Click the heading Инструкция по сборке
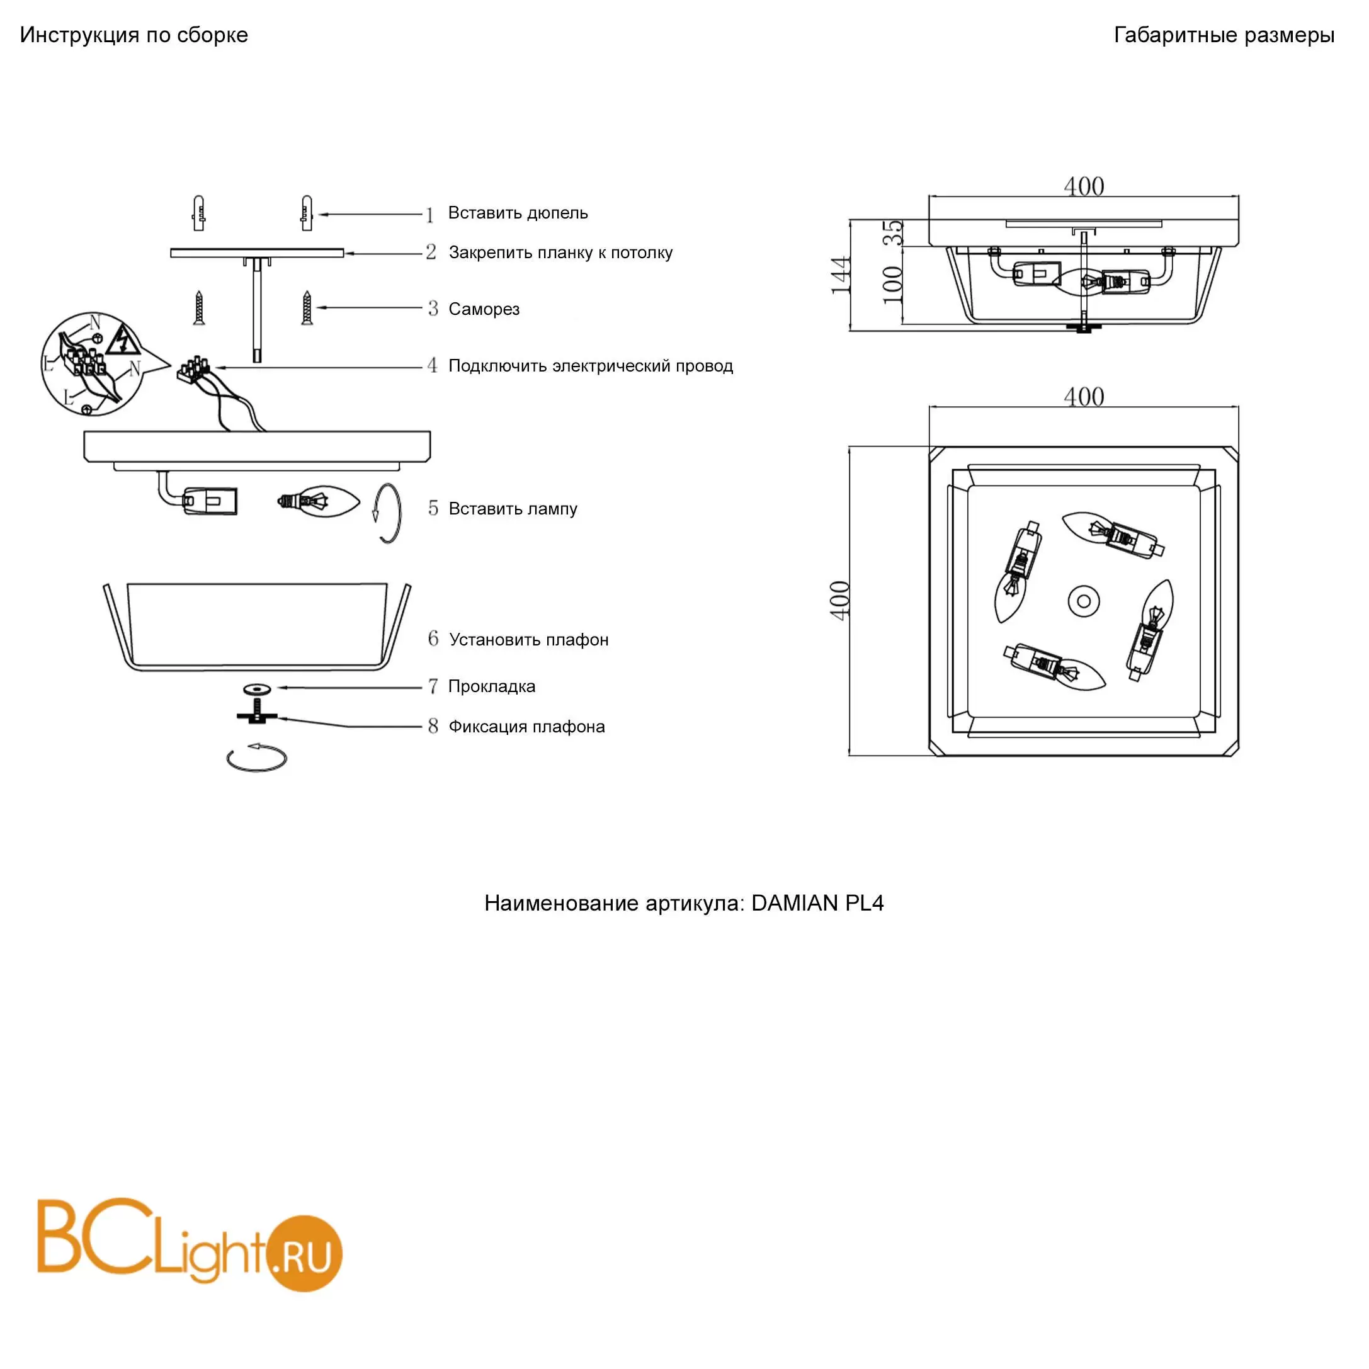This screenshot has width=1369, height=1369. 134,35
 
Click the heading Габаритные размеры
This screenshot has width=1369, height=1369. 1224,35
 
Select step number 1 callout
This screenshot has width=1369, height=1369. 429,215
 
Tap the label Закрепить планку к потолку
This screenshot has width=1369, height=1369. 560,253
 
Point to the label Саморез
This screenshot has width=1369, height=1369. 484,309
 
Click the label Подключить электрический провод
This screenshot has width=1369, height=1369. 591,366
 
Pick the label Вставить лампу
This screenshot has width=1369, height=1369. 513,509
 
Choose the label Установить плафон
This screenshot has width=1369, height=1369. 528,640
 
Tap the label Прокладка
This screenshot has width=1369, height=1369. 492,686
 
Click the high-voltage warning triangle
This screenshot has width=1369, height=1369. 123,340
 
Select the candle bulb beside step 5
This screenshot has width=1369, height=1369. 318,502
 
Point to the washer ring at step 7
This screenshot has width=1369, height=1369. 256,689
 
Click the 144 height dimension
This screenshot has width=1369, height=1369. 841,275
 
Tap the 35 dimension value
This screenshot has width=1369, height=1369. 894,233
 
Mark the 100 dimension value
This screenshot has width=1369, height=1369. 893,284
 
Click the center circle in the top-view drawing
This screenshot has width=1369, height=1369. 1084,601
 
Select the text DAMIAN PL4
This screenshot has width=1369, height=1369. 818,904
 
